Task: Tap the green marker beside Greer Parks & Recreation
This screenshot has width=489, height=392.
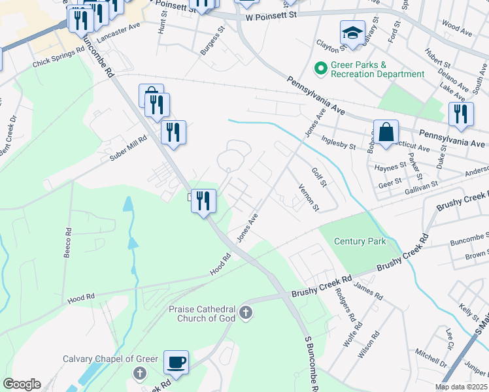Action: (321, 67)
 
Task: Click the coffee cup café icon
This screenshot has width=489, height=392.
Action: (177, 361)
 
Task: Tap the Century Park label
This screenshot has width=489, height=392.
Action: (360, 241)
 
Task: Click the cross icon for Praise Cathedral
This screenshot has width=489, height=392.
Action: (246, 313)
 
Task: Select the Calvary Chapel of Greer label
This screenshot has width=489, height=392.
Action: (101, 358)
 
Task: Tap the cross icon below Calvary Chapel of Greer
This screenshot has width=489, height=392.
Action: (139, 373)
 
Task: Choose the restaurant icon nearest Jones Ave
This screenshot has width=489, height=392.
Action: (203, 200)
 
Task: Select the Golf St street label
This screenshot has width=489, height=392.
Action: (318, 176)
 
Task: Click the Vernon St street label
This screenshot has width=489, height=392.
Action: (308, 197)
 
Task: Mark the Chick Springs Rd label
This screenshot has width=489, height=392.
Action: (59, 59)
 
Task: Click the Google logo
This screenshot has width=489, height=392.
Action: (22, 384)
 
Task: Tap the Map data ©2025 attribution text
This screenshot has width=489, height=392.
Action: (461, 387)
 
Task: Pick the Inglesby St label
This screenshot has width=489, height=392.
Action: (339, 143)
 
